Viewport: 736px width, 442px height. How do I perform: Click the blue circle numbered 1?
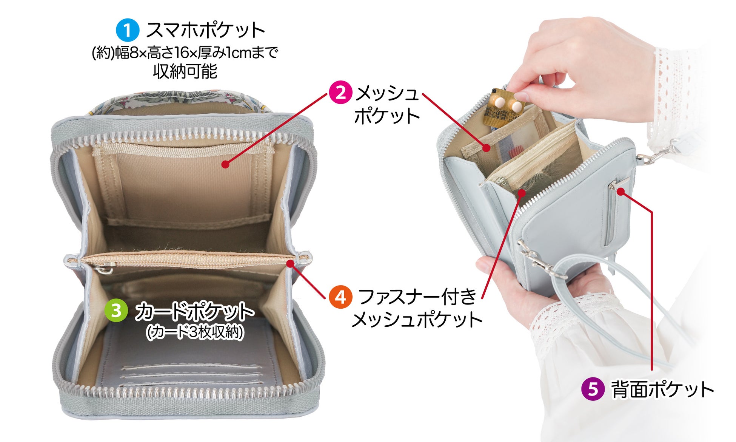(x=128, y=30)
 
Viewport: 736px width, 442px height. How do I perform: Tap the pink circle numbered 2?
(x=341, y=93)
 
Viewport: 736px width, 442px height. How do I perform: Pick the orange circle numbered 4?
(x=340, y=297)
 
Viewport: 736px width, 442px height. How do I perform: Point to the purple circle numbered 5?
(x=593, y=389)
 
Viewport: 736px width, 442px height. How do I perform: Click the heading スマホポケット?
(x=206, y=30)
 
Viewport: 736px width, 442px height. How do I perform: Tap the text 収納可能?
(x=185, y=71)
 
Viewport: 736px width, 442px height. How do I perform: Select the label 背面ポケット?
(x=662, y=389)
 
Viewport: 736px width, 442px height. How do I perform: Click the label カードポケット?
(x=194, y=311)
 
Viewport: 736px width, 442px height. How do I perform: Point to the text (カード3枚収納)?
(x=195, y=332)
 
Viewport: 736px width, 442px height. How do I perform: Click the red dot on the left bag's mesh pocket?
(x=225, y=164)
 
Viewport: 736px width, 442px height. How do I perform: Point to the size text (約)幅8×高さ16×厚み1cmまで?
(x=185, y=53)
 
